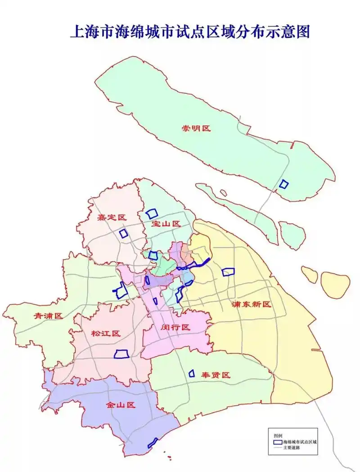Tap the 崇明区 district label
point(196,128)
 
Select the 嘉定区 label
point(112,218)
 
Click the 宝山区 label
point(166,223)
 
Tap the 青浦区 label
point(48,316)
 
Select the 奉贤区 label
point(216,375)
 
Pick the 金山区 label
point(121,405)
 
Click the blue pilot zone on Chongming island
point(283,184)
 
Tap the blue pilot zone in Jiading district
point(123,233)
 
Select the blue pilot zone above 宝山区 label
point(152,214)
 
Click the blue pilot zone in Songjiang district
point(121,354)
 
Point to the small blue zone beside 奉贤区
point(191,373)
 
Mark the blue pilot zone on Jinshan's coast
point(153,443)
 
